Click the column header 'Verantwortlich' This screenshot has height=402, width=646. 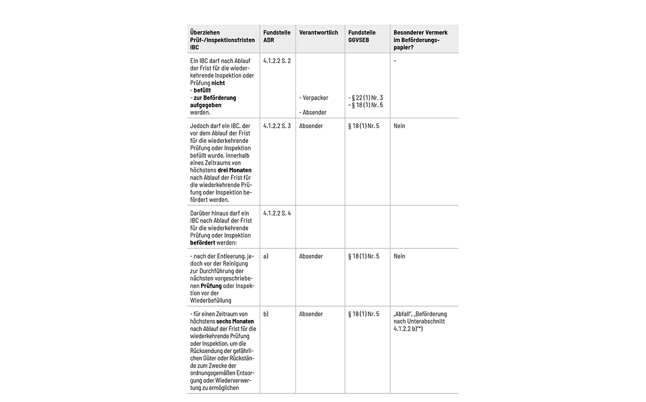tap(319, 33)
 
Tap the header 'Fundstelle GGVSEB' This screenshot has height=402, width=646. tap(362, 36)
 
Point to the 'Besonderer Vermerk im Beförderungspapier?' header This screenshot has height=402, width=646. tap(420, 40)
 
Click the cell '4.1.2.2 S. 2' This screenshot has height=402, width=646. tap(277, 61)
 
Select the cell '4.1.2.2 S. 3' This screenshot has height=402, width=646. tap(277, 126)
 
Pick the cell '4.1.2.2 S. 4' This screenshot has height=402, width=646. tap(277, 213)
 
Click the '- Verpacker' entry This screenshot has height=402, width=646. tap(315, 98)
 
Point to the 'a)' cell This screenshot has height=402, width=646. tap(266, 257)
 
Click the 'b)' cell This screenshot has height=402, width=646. tap(266, 314)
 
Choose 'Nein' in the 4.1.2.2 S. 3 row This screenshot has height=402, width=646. tap(399, 126)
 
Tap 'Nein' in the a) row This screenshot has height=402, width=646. tap(399, 257)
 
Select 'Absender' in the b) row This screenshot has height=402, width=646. tap(311, 314)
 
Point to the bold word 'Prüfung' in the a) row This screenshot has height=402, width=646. tap(211, 286)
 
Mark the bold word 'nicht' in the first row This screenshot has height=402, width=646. tap(218, 84)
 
